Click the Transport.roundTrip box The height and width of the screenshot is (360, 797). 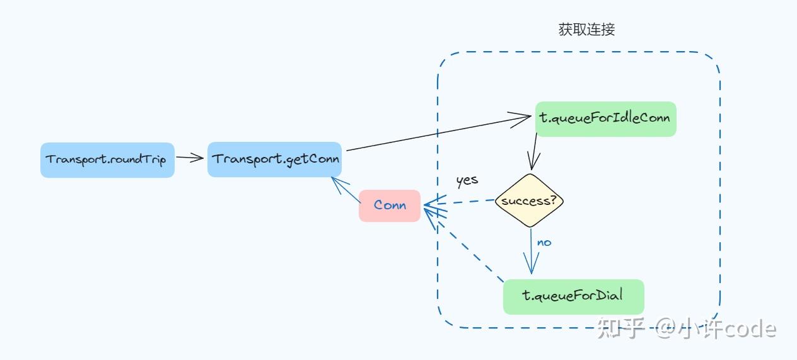107,160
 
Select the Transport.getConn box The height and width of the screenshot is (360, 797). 274,160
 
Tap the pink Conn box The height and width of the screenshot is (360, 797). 390,206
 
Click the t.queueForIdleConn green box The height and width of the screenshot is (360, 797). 605,119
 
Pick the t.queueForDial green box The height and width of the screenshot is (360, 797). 574,297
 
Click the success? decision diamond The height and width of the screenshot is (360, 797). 529,200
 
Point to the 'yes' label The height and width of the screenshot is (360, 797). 467,181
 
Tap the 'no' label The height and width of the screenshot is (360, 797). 544,243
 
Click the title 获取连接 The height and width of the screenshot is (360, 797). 587,30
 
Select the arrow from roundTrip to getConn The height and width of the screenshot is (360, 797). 190,158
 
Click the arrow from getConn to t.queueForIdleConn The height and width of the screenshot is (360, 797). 439,133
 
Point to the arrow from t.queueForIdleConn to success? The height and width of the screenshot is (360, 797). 533,151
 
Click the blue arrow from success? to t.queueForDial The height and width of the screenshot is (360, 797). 531,251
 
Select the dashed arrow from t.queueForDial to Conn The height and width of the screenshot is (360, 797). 464,245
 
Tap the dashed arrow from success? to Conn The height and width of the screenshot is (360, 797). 459,202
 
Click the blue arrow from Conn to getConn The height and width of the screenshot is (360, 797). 346,190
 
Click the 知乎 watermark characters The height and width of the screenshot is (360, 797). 621,328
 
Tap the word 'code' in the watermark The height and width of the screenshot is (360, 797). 750,329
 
